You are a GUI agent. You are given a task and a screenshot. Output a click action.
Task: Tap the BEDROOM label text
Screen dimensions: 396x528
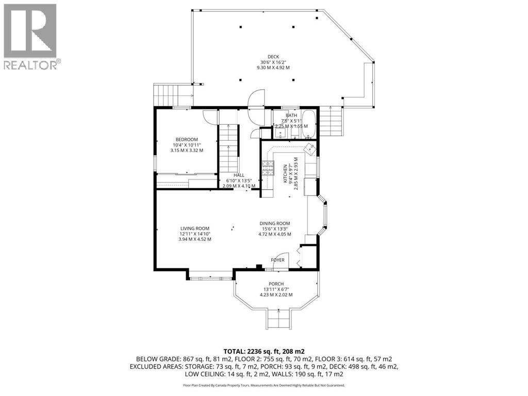(187, 139)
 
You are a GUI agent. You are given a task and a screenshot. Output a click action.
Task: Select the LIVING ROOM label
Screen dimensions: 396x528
(194, 228)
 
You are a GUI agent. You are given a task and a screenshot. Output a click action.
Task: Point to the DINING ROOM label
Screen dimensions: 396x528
(275, 224)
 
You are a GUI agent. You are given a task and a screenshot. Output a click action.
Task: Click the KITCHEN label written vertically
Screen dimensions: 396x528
(284, 174)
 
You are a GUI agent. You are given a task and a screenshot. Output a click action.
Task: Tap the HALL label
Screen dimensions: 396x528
(239, 175)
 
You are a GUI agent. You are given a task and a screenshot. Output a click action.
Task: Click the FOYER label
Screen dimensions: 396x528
(277, 260)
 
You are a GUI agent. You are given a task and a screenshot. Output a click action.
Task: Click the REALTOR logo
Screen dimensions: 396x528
(30, 36)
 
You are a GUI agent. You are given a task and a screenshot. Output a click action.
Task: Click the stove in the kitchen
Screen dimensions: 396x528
(268, 169)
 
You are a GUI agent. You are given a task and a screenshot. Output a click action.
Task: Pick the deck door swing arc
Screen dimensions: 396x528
(256, 97)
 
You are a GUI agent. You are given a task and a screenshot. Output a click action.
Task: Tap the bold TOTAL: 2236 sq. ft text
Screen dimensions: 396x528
(263, 350)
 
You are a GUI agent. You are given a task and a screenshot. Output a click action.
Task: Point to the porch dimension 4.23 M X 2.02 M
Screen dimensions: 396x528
(276, 295)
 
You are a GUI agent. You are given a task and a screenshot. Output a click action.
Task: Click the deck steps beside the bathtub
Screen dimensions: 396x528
(332, 121)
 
